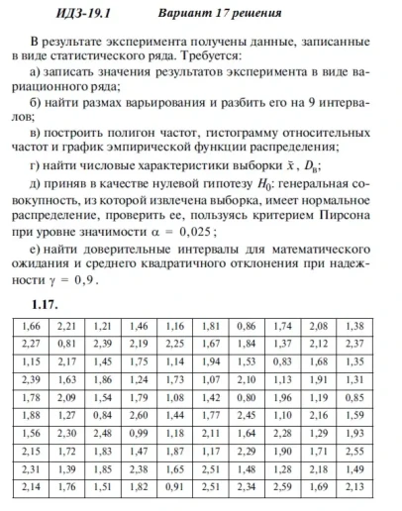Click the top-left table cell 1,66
point(34,325)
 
